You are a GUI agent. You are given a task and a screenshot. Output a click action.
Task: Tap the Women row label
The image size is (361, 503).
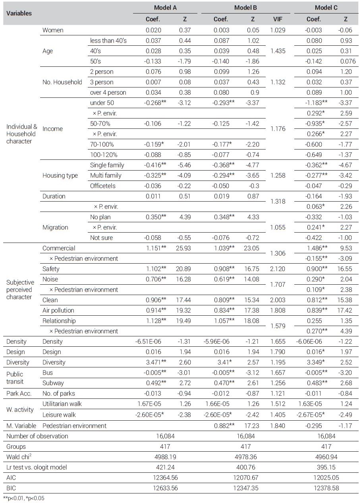(x=53, y=30)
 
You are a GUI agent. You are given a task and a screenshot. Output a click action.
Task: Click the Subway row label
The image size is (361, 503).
(x=53, y=383)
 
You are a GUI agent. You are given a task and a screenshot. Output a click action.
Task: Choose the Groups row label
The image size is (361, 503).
(x=16, y=447)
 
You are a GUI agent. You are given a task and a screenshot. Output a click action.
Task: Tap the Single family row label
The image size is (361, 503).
(x=107, y=165)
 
